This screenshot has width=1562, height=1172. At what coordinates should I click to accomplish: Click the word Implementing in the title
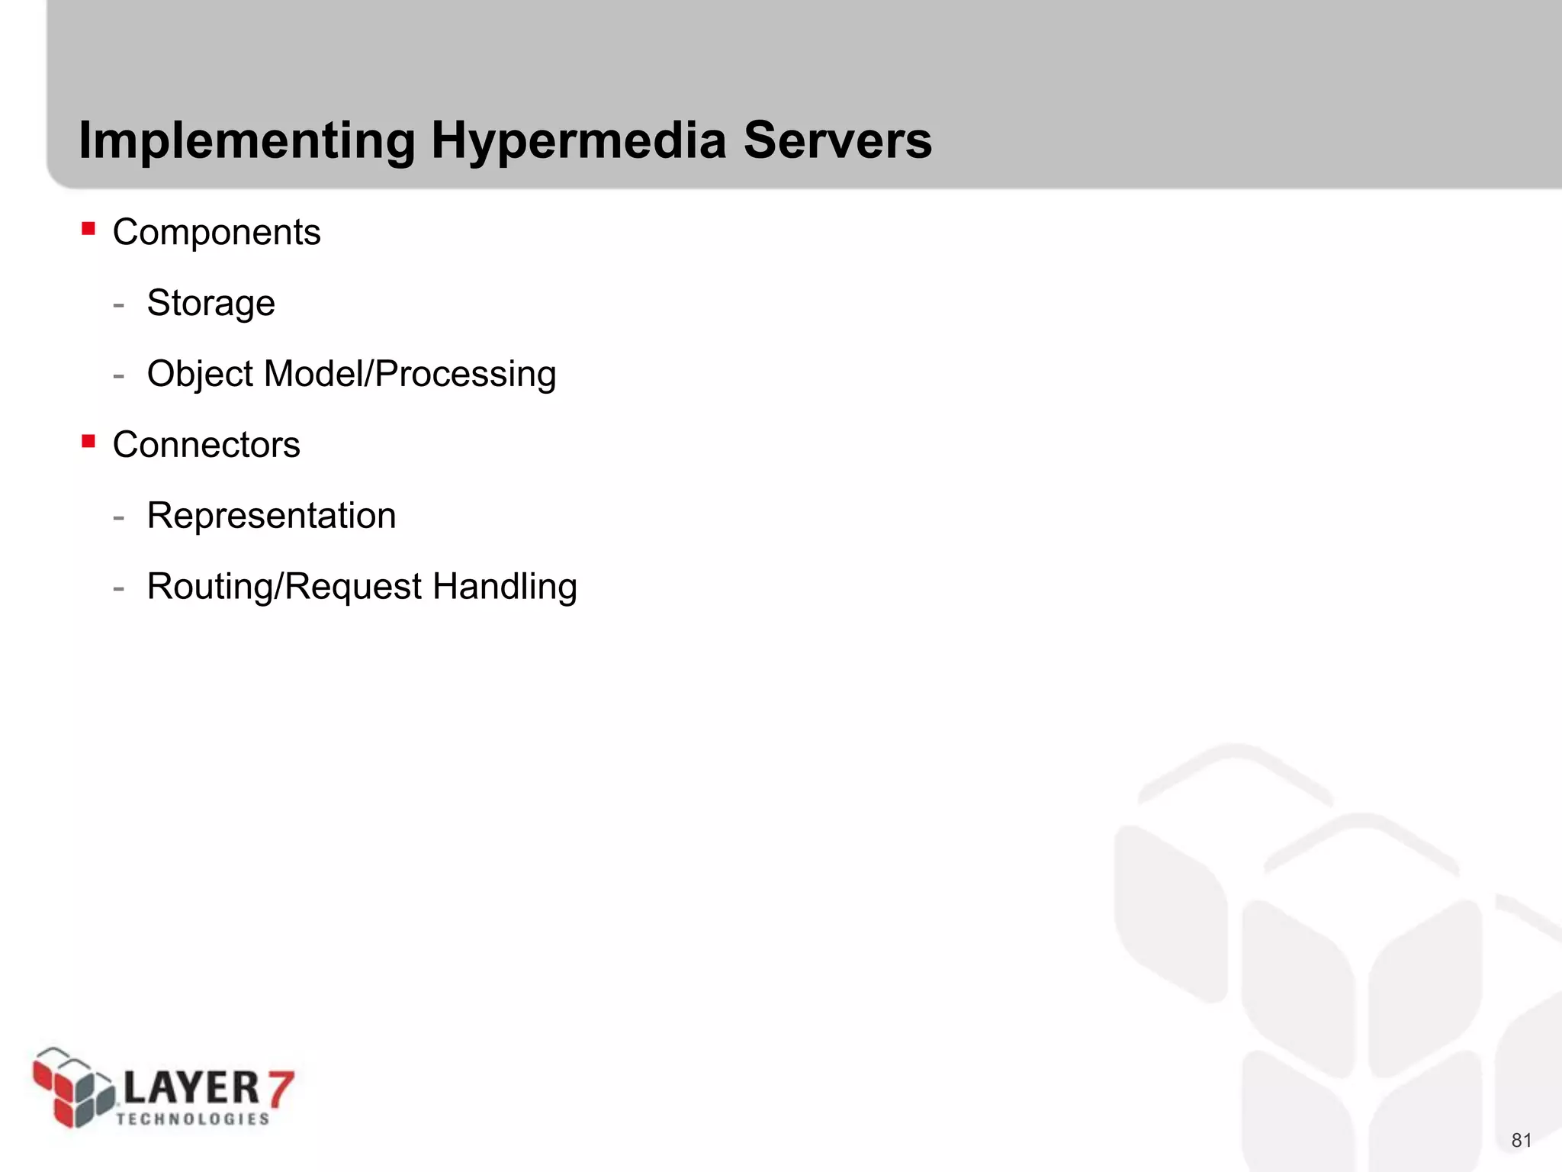click(x=247, y=141)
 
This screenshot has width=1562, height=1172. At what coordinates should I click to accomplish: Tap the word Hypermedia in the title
click(x=578, y=141)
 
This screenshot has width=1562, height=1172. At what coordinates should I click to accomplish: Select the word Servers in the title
click(x=837, y=141)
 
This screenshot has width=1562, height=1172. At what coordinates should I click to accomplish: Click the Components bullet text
click(x=217, y=232)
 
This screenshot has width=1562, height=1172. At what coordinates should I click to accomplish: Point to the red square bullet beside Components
click(x=88, y=228)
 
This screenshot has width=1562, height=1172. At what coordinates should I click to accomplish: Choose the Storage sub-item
click(x=211, y=303)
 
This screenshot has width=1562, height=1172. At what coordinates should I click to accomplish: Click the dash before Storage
click(x=118, y=305)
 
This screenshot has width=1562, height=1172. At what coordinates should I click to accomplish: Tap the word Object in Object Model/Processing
click(x=200, y=374)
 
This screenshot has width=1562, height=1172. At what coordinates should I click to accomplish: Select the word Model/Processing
click(x=410, y=374)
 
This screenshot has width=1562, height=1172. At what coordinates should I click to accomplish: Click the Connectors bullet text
click(x=206, y=445)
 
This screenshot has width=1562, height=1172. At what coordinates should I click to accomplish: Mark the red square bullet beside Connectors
click(x=88, y=441)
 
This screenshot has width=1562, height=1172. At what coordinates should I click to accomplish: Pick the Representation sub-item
click(x=272, y=516)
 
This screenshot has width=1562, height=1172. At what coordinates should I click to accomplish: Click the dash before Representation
click(x=118, y=518)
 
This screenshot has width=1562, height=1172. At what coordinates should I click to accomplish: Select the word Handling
click(x=504, y=587)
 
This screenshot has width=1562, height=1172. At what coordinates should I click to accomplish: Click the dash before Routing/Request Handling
click(x=118, y=589)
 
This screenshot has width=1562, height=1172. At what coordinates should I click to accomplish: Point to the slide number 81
click(x=1522, y=1141)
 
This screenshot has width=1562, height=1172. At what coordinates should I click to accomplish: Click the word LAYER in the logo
click(x=191, y=1088)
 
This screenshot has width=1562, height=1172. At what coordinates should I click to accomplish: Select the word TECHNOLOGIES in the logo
click(x=193, y=1119)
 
